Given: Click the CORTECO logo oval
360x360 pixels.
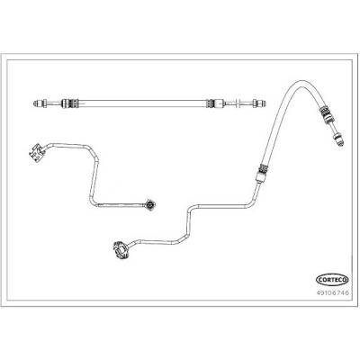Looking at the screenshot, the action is click(332, 280).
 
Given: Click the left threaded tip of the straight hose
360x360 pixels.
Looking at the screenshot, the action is click(35, 103).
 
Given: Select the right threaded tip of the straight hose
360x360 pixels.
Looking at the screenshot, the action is click(263, 103).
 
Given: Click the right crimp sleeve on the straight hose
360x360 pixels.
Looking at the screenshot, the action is click(215, 103).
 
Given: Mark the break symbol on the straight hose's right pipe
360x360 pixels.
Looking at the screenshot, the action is click(237, 103).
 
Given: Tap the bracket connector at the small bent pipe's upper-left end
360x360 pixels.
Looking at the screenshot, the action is click(37, 153).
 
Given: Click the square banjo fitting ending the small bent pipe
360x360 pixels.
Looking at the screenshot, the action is click(150, 205).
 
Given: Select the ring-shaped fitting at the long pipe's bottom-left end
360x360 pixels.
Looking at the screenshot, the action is click(121, 249).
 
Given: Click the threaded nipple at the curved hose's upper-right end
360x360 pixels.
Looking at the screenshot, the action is click(338, 138).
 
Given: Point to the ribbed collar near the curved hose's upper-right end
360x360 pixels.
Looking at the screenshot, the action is click(325, 113).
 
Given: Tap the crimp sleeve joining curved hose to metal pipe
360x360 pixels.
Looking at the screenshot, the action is click(260, 173).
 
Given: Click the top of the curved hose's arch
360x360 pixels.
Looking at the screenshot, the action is click(301, 82).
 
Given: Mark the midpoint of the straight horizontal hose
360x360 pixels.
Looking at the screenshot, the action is click(142, 103).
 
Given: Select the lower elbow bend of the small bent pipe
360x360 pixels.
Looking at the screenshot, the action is click(93, 202).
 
